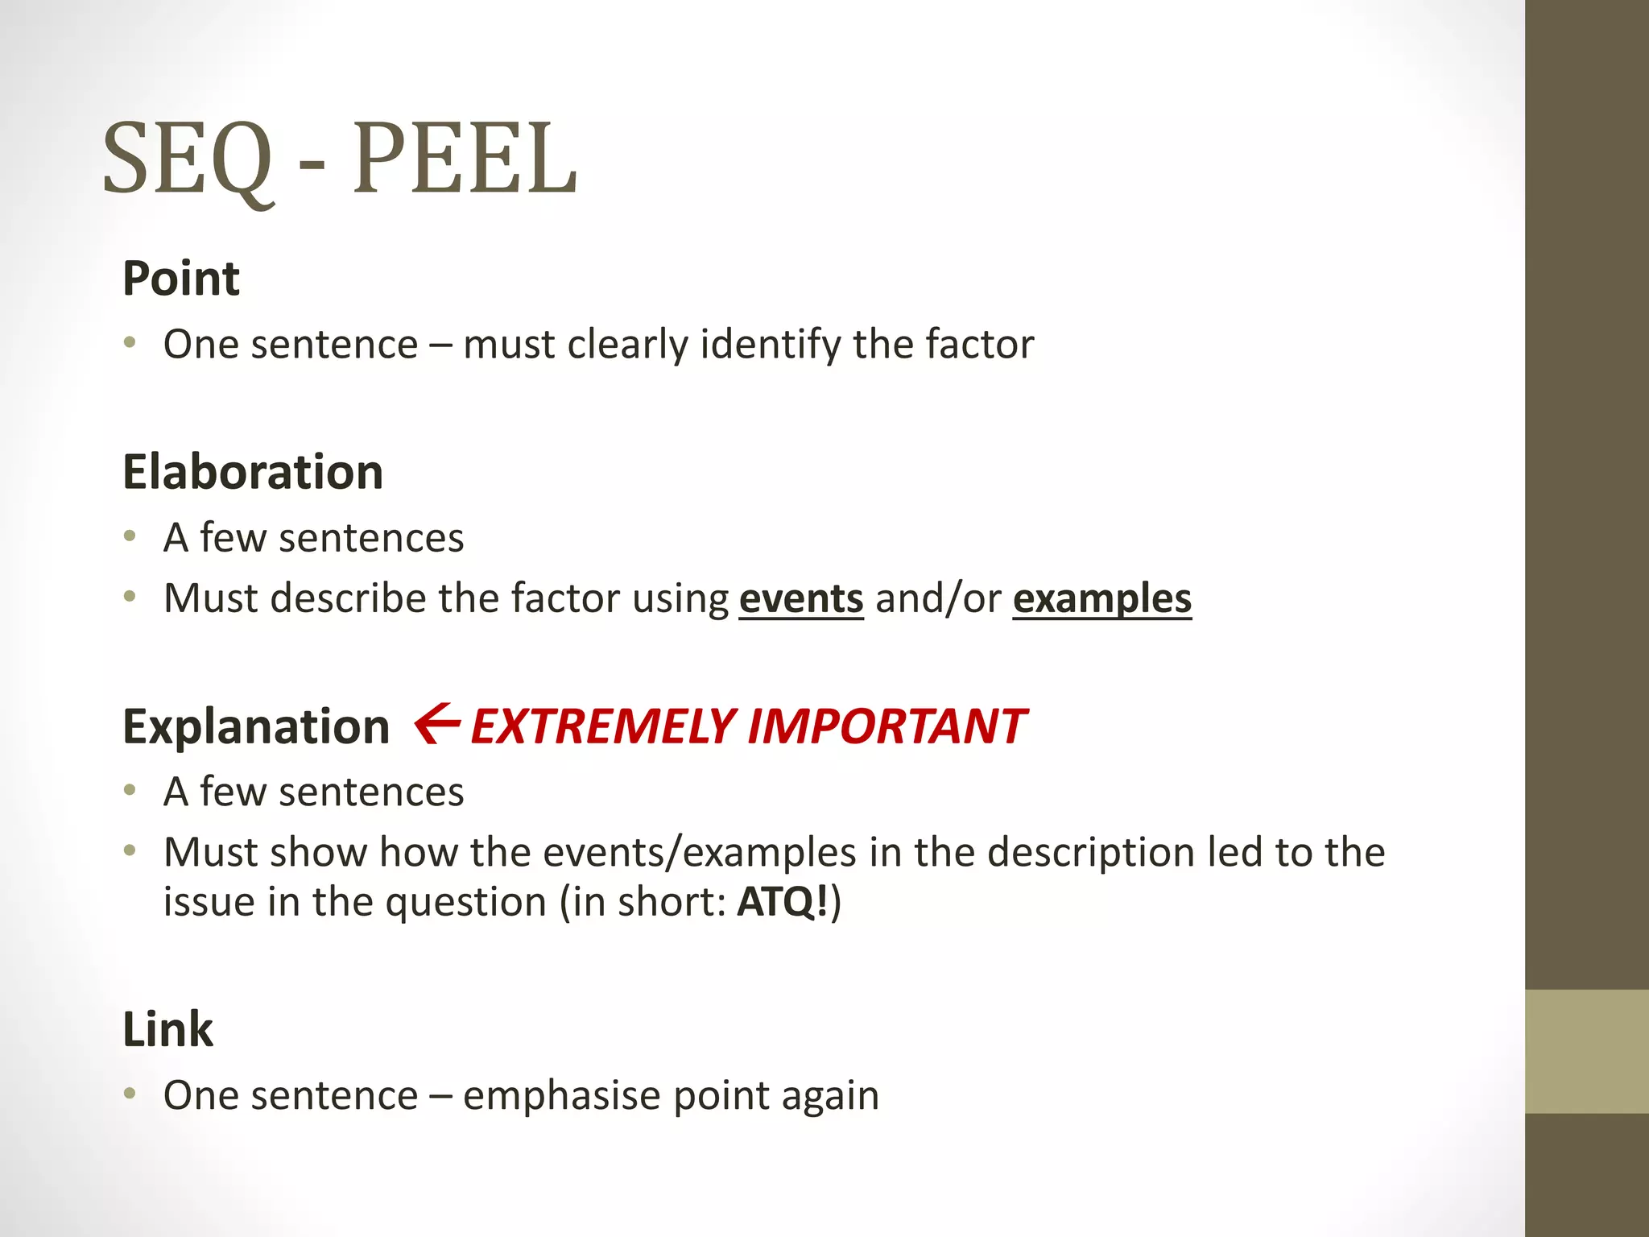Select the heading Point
(181, 279)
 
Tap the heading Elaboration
(253, 472)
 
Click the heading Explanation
(256, 726)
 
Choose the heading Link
(167, 1029)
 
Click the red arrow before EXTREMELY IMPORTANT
(437, 723)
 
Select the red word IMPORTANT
(886, 726)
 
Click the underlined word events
(801, 599)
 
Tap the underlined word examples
(1101, 599)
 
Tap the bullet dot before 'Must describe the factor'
(130, 597)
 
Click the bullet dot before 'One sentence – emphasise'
(130, 1094)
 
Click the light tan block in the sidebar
(1586, 1051)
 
